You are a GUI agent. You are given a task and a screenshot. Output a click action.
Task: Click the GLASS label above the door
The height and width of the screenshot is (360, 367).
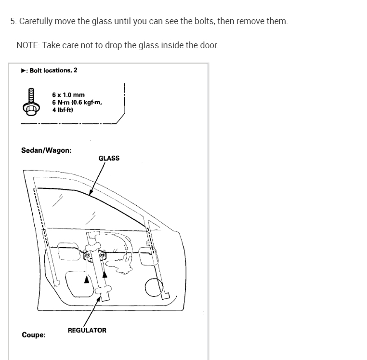tap(109, 158)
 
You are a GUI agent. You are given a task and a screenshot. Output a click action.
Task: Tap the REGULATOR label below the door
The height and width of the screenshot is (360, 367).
tap(87, 330)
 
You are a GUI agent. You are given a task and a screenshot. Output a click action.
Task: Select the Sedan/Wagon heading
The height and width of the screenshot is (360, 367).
tap(46, 150)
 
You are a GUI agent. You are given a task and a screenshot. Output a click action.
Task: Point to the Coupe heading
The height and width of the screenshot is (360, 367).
tap(34, 335)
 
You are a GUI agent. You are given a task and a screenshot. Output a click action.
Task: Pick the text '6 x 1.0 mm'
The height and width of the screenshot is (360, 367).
tap(68, 95)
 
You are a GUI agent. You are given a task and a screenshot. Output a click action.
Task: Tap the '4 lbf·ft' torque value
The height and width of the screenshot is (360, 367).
tap(63, 109)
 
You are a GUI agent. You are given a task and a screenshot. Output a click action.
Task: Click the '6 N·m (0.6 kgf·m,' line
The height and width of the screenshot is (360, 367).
tap(77, 102)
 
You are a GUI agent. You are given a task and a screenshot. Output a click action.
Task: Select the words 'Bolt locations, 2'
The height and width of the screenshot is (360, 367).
tap(53, 70)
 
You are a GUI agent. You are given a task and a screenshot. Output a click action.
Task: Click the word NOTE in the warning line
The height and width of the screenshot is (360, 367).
tap(27, 45)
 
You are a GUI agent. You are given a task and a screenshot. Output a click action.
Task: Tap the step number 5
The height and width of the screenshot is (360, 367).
tap(13, 22)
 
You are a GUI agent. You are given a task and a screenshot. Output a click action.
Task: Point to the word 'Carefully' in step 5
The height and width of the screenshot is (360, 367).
tap(36, 22)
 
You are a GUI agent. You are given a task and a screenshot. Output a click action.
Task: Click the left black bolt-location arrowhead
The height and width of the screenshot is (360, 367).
tap(86, 278)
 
